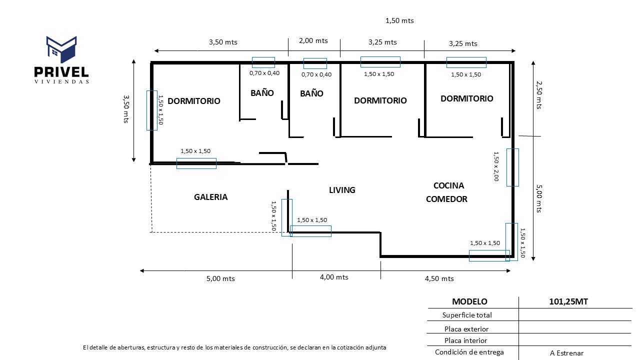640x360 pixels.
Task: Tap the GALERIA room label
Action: (210, 197)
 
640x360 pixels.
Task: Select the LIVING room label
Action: (342, 190)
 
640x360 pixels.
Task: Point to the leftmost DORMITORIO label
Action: (193, 101)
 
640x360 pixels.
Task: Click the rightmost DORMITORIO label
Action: (466, 98)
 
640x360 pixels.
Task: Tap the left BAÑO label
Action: (262, 93)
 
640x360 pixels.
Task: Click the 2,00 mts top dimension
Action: (313, 41)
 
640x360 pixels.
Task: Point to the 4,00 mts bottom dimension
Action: (334, 277)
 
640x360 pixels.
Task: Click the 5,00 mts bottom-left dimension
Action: (220, 278)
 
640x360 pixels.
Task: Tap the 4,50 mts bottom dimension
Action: (439, 278)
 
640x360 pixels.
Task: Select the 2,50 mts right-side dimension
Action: (538, 95)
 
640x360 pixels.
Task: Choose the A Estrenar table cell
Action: (566, 353)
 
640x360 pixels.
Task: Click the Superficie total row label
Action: (467, 315)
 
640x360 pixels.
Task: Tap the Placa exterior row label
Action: (466, 329)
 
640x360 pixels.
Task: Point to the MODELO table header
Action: (469, 301)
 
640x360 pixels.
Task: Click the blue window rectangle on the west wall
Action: (151, 110)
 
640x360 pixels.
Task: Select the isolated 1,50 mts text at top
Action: (399, 20)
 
